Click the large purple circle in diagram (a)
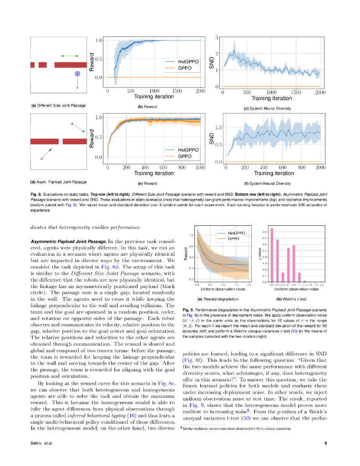77,73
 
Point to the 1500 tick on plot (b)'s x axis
177,91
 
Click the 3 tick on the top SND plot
217,37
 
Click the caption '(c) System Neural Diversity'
267,108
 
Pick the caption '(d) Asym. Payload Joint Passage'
58,182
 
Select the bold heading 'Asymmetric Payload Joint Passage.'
69,240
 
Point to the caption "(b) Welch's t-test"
291,299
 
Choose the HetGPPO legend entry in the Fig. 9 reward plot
237,233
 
